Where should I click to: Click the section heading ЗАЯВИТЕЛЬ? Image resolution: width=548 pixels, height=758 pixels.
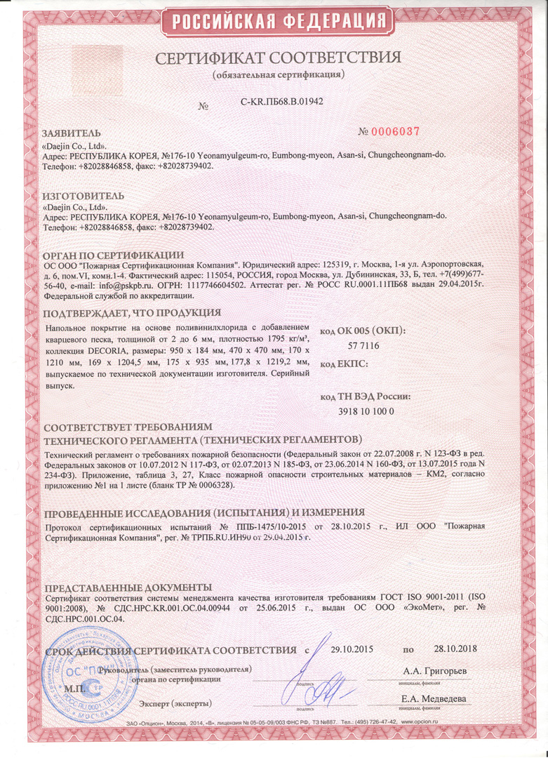click(x=72, y=133)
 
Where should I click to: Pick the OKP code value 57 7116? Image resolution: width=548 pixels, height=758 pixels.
click(x=363, y=346)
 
